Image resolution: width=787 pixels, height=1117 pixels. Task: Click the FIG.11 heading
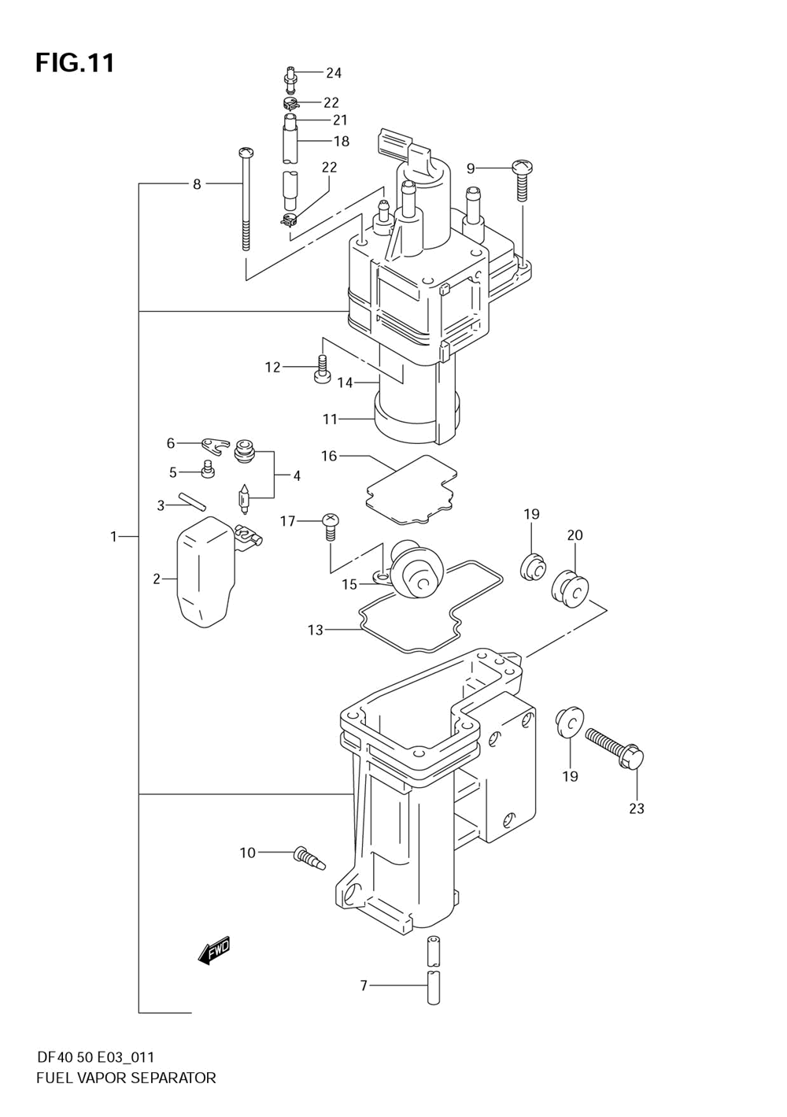coord(75,64)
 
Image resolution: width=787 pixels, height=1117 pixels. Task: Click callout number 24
coord(334,73)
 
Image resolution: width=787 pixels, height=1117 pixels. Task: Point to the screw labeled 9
coord(522,180)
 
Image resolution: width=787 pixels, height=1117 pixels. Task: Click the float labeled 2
coord(205,571)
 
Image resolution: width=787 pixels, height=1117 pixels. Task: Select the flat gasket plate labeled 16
coord(411,489)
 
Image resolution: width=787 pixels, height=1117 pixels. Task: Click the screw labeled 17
coord(330,527)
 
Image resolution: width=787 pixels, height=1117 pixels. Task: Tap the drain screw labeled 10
coord(309,858)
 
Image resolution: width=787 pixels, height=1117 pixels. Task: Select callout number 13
coord(316,631)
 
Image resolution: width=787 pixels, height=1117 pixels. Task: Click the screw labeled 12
coord(321,369)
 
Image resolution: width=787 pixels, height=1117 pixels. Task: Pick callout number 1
coord(113,537)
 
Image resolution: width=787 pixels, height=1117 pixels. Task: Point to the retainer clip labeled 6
coord(216,446)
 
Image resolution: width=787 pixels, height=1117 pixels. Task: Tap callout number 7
coord(364,986)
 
